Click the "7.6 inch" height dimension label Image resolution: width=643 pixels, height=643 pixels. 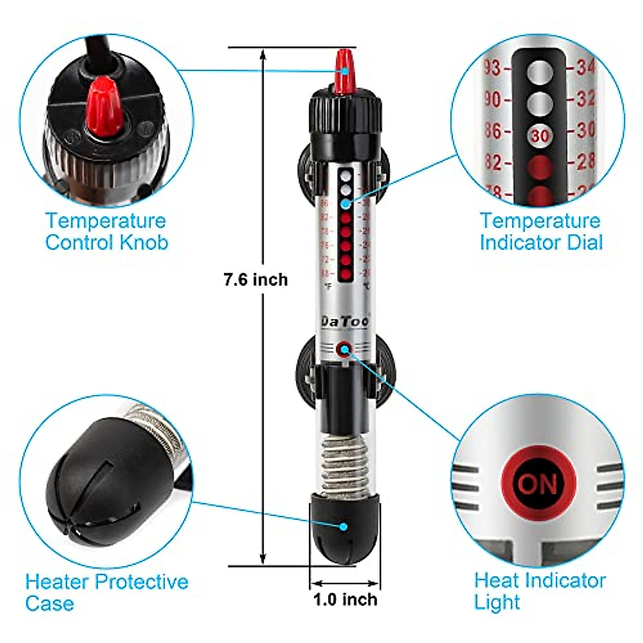[x=256, y=280]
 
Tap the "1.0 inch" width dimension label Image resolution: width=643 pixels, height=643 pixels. [x=345, y=599]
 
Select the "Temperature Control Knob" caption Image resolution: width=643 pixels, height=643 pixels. [x=106, y=231]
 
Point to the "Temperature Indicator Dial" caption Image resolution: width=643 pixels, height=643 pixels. [x=541, y=231]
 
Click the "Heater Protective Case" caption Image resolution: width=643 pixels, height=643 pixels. [x=107, y=592]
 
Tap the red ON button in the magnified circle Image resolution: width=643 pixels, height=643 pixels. [x=538, y=484]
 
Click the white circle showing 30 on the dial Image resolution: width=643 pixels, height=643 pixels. [x=540, y=135]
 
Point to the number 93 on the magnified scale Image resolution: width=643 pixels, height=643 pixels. [x=492, y=68]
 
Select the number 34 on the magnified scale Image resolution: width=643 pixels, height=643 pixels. [x=586, y=68]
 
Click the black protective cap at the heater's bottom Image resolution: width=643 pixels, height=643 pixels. [x=345, y=530]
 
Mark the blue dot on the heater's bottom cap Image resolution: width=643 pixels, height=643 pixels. [x=343, y=526]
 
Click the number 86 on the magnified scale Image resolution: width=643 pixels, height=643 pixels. [x=492, y=131]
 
